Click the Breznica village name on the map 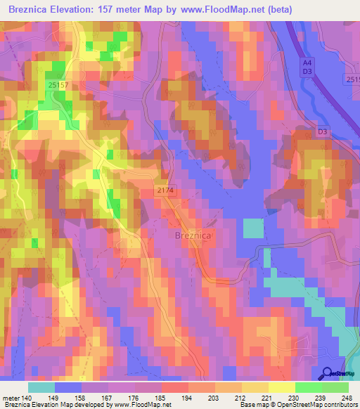tap(192, 236)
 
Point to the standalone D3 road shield tap(322, 131)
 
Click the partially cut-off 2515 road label tap(353, 79)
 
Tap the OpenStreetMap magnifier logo tap(327, 374)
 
